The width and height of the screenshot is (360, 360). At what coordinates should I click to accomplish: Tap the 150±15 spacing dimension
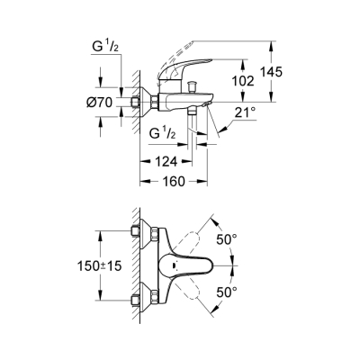click(94, 267)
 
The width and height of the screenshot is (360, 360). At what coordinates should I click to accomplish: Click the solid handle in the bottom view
click(193, 267)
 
